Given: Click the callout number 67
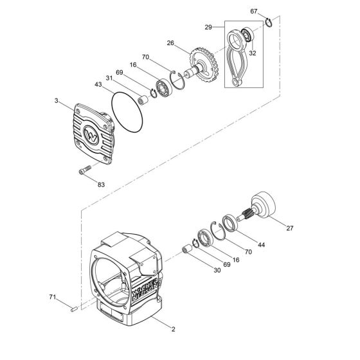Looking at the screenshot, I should [x=254, y=12].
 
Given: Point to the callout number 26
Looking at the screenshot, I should [x=170, y=44].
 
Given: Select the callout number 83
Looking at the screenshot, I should [x=102, y=184].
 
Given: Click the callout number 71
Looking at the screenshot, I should [x=53, y=298].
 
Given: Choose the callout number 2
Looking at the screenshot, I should [x=173, y=330].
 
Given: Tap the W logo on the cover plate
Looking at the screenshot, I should [x=92, y=137].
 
